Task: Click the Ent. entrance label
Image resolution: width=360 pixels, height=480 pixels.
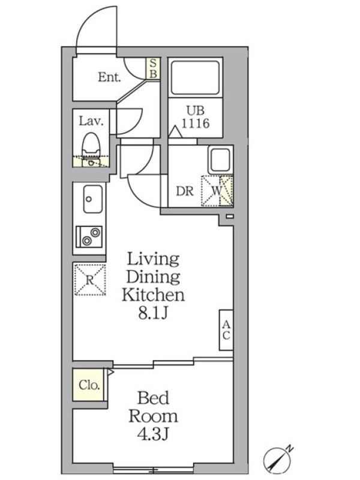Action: (x=109, y=77)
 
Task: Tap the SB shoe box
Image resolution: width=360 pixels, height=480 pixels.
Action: (x=153, y=68)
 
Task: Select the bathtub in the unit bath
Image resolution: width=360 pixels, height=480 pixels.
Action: (x=196, y=77)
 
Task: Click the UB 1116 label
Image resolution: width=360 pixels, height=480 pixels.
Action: (x=196, y=117)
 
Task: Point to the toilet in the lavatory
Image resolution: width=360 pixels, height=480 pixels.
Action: (x=91, y=145)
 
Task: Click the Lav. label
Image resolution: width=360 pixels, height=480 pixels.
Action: (x=91, y=121)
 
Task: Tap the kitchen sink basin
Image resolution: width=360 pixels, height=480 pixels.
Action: (x=93, y=199)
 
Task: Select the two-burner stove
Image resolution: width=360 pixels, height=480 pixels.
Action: (x=89, y=237)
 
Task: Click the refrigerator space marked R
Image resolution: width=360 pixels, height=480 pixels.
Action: (x=90, y=280)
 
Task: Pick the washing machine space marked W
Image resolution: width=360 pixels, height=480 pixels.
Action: (x=217, y=191)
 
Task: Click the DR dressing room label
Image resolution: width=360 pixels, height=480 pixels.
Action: (x=185, y=191)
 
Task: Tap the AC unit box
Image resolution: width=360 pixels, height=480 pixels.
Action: (x=226, y=329)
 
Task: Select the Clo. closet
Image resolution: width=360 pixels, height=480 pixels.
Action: (x=88, y=385)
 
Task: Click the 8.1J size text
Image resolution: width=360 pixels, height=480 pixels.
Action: (x=153, y=313)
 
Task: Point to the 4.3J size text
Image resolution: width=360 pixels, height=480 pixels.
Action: (x=153, y=434)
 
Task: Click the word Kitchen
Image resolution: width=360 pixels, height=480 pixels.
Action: (x=153, y=295)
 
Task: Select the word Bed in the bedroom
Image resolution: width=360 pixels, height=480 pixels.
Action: (x=153, y=398)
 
